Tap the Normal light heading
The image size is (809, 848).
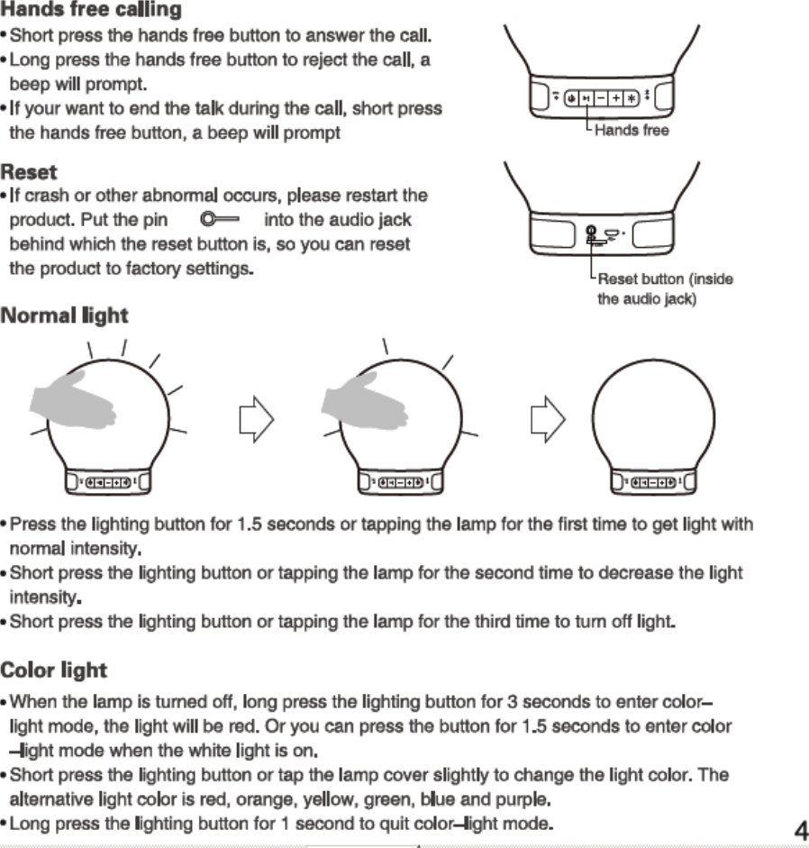64,315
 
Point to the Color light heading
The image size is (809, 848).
53,670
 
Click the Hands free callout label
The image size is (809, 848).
632,131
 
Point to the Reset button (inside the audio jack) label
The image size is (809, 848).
665,288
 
